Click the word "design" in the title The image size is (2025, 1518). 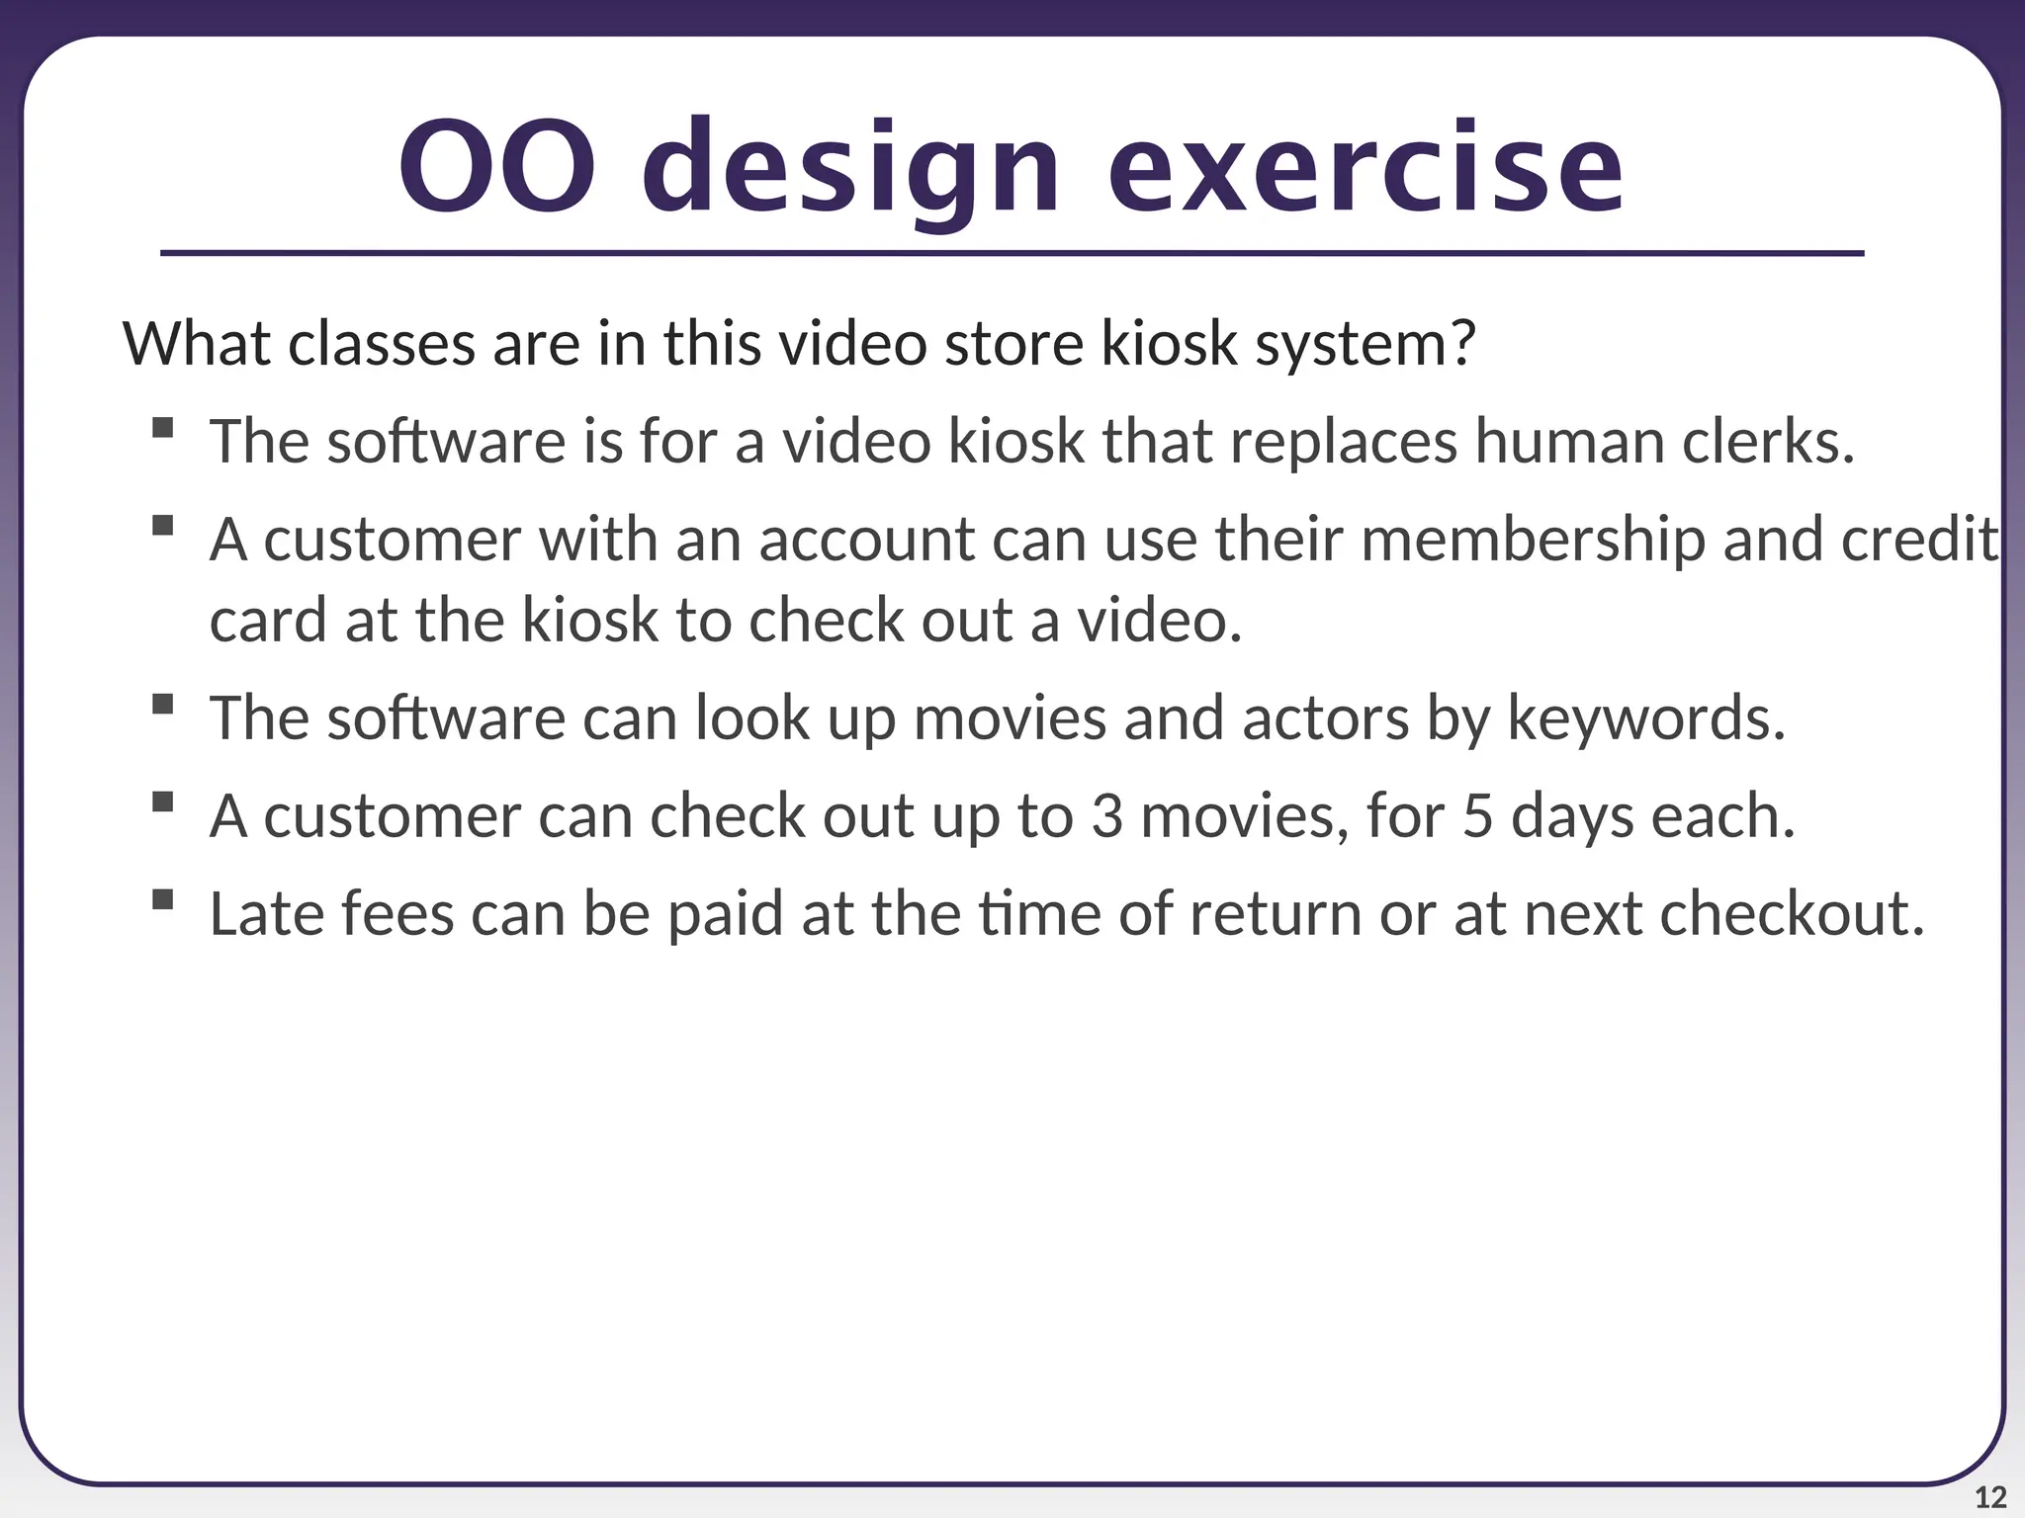[851, 168]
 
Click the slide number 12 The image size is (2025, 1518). [1990, 1497]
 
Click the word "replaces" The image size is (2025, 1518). [1344, 443]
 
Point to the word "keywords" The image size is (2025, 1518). [1645, 719]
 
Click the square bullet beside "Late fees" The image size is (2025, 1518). [163, 899]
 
